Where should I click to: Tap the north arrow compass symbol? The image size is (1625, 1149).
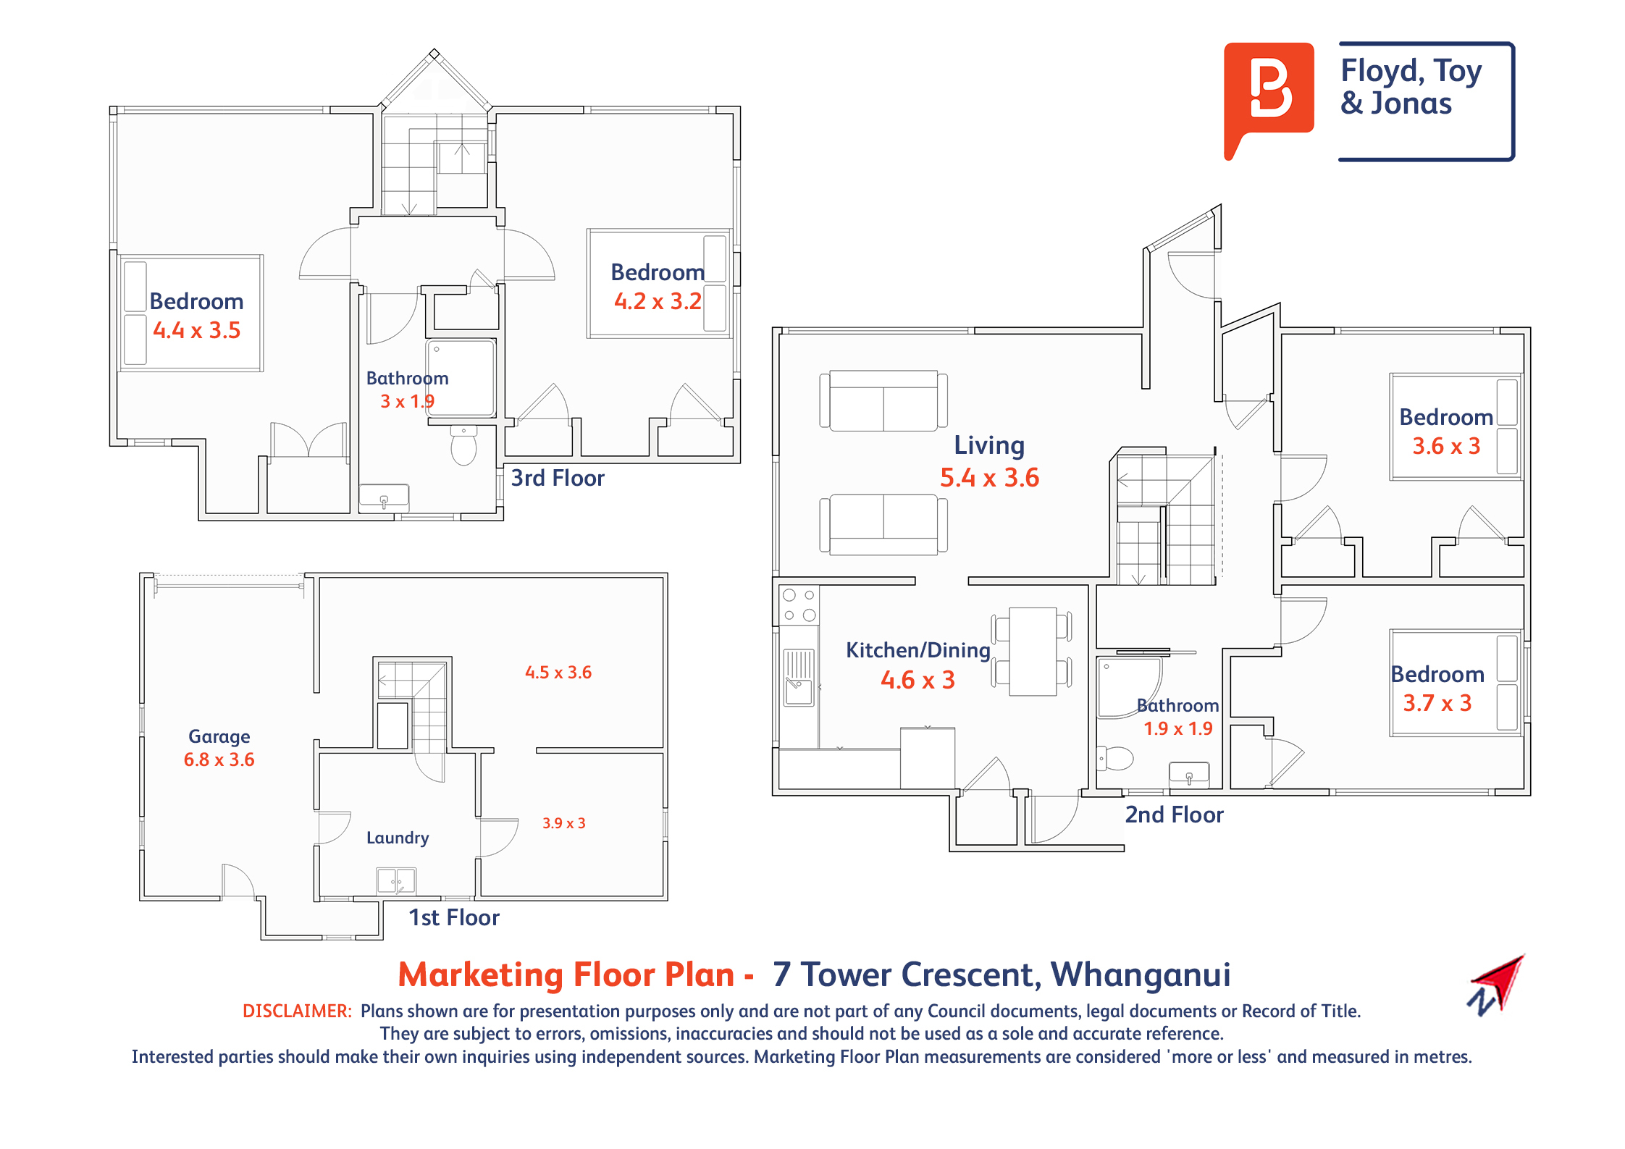click(1496, 985)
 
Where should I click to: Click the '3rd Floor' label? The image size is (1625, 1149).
click(557, 478)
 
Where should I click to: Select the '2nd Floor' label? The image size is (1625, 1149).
click(1174, 815)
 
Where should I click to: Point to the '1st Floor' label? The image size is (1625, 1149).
click(454, 917)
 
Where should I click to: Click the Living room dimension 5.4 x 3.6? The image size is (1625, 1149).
click(989, 478)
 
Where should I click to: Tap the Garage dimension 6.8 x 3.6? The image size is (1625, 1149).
click(219, 759)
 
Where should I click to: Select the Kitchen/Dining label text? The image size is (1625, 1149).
click(918, 650)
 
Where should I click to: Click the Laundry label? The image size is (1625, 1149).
click(398, 838)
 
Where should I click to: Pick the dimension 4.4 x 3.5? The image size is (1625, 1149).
click(196, 330)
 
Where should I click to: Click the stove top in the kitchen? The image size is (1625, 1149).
click(799, 605)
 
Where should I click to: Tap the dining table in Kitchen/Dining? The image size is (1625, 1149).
click(1033, 652)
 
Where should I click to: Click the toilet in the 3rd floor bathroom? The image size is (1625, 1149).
click(463, 445)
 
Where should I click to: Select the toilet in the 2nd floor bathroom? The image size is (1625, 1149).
click(1115, 758)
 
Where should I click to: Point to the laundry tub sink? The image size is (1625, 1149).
click(397, 880)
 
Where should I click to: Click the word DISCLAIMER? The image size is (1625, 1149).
click(297, 1011)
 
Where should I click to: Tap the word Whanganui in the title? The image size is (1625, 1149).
click(1141, 975)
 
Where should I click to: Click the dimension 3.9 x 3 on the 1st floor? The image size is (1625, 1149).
click(564, 823)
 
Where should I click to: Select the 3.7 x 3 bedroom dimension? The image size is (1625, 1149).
click(1437, 703)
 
